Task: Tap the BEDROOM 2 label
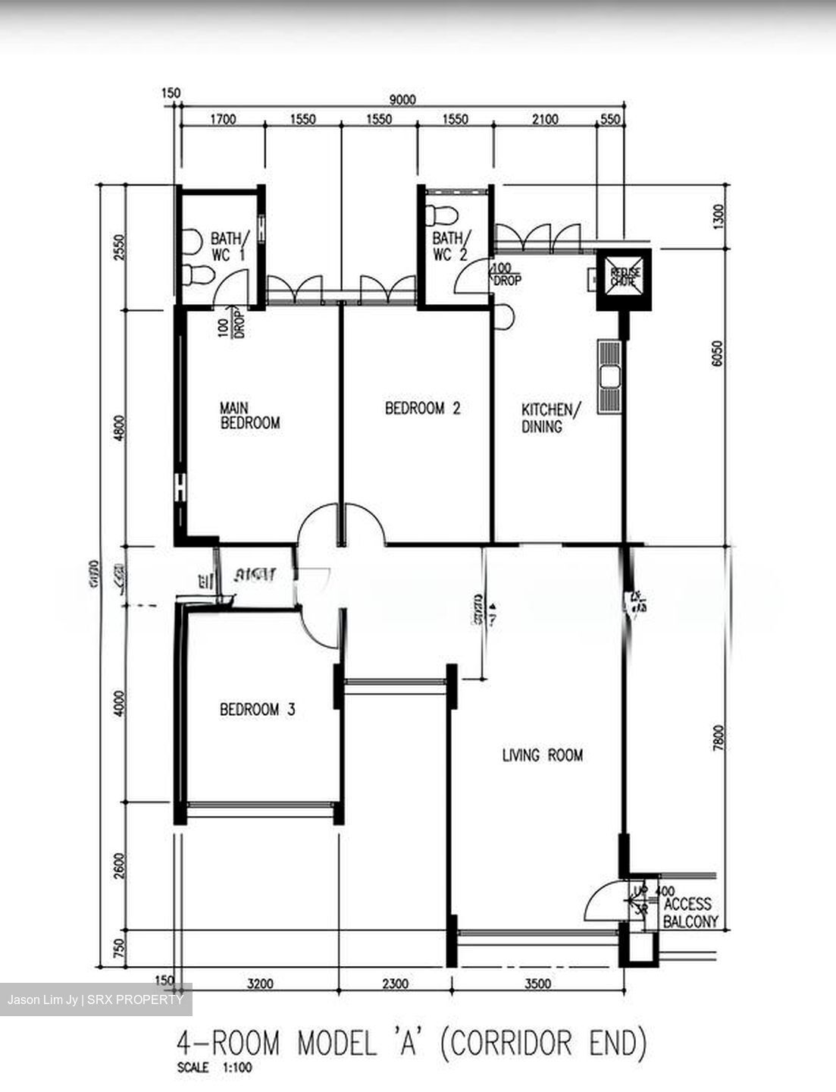423,409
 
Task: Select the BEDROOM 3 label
257,710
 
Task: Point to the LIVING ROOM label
543,755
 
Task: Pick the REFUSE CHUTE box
624,278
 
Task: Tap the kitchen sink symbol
609,376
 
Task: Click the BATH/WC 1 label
228,247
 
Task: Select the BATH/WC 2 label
452,246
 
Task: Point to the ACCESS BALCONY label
687,913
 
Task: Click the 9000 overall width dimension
402,99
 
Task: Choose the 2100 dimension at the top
544,119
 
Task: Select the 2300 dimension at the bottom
395,984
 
